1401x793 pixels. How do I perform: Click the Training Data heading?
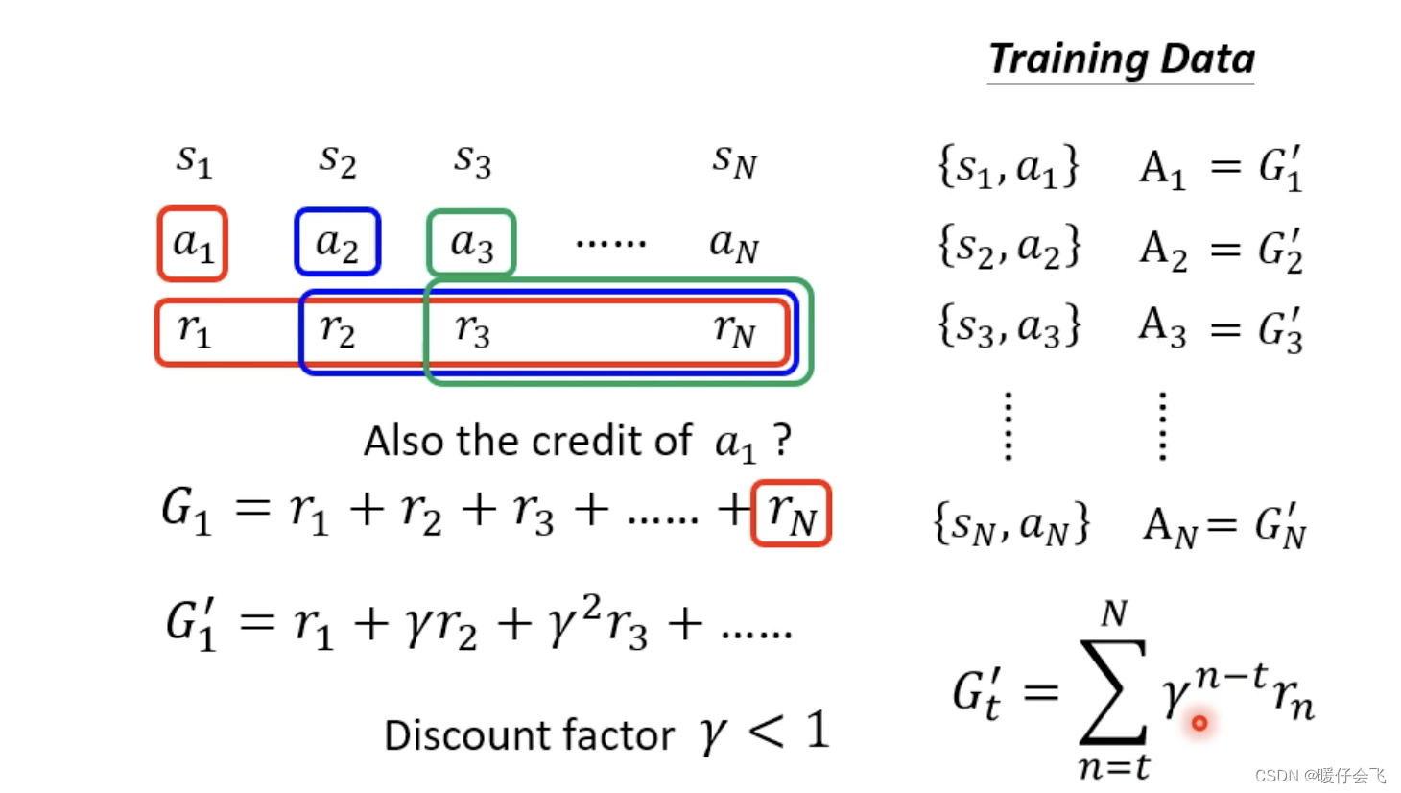coord(1121,60)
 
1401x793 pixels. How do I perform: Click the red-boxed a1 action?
coord(193,244)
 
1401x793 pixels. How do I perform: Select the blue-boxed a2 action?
coord(338,243)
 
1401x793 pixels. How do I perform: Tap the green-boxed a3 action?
coord(471,243)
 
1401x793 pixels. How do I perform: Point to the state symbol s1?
coord(193,160)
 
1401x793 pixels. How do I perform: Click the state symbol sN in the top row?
coord(734,160)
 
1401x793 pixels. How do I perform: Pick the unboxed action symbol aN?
coord(734,244)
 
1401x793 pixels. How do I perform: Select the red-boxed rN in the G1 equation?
coord(791,514)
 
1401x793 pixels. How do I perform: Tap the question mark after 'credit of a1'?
coord(783,440)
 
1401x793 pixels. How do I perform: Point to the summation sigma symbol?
coord(1113,691)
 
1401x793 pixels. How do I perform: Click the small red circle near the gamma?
coord(1199,723)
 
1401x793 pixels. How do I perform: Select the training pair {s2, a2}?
coord(1009,247)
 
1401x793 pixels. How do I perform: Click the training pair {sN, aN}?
coord(1011,524)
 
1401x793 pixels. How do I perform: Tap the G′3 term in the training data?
coord(1281,330)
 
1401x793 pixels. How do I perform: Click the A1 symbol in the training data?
coord(1162,169)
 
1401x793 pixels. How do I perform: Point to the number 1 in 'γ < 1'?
coord(817,731)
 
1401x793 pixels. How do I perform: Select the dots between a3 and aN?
coord(610,244)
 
